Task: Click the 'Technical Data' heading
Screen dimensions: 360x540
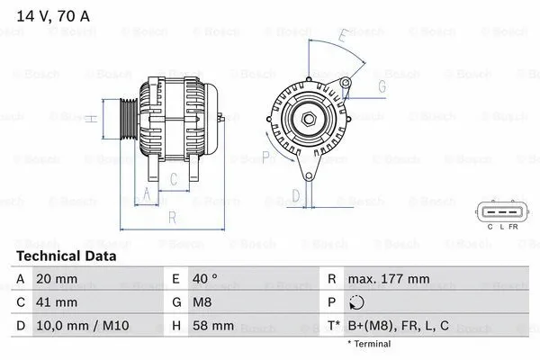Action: pos(66,256)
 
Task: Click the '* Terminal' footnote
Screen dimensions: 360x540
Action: pos(369,344)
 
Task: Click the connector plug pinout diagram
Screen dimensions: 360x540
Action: pos(501,212)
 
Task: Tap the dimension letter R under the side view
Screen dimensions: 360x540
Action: pos(171,217)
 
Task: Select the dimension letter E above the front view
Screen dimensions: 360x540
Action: pos(343,36)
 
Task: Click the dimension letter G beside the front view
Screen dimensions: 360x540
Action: pos(382,86)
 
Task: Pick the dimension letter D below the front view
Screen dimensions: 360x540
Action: pos(296,193)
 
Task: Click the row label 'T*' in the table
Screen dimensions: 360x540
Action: pos(333,325)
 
